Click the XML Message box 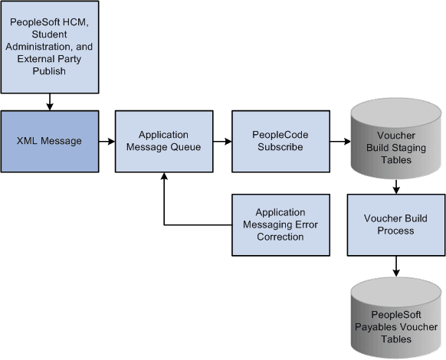click(50, 141)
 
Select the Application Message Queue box click(163, 141)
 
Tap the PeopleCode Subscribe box click(280, 141)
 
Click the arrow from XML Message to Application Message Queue click(107, 142)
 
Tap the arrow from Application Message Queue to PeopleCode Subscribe click(222, 142)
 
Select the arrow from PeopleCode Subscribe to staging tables click(339, 142)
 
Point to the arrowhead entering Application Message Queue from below click(164, 177)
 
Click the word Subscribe click(280, 149)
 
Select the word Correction click(280, 237)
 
